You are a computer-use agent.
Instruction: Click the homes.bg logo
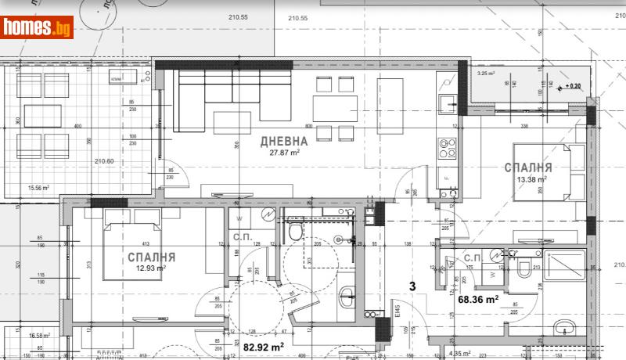tap(38, 27)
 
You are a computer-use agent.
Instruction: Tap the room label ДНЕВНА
tap(283, 142)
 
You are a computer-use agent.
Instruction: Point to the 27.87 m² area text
tap(283, 154)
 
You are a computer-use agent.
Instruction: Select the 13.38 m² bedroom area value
tap(531, 179)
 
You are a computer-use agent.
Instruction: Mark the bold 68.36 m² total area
tap(478, 298)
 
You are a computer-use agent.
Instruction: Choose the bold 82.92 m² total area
tap(263, 345)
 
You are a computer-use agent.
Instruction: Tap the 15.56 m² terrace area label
tap(38, 188)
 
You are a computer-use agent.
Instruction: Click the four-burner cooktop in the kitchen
tap(447, 148)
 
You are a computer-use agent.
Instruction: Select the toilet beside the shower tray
tap(524, 268)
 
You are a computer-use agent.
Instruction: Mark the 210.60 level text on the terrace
tap(105, 161)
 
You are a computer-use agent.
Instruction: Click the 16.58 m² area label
tap(38, 336)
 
